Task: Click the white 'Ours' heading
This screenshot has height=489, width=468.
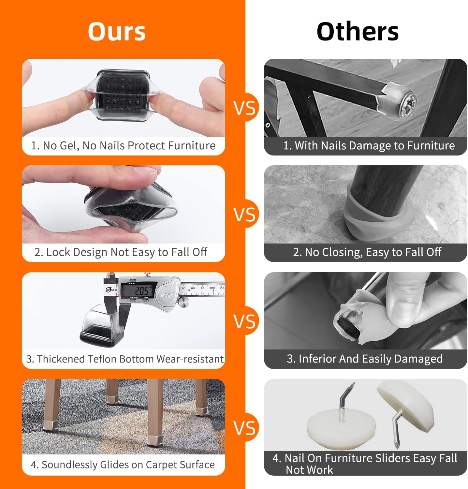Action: click(117, 32)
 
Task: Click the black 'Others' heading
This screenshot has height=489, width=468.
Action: click(358, 32)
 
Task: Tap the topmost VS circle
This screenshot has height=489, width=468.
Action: click(245, 108)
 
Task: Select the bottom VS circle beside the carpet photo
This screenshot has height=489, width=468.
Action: click(245, 428)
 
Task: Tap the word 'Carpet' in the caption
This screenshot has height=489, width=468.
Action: click(162, 465)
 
